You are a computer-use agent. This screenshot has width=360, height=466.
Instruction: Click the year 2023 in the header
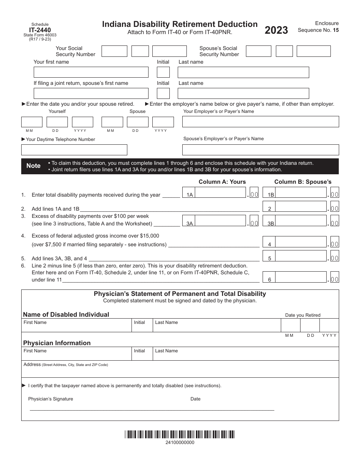276,30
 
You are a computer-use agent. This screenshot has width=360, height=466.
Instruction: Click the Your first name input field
91,72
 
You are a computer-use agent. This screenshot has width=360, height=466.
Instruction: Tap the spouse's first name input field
91,94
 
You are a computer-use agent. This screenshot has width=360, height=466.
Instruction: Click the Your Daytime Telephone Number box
74,150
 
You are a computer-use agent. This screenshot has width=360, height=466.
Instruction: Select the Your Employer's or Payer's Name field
260,122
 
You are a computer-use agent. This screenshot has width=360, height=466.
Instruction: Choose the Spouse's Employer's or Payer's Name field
260,150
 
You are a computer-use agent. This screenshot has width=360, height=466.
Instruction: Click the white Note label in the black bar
33,166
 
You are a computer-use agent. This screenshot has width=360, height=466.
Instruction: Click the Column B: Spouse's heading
303,182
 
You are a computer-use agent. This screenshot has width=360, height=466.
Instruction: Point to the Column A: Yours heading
222,182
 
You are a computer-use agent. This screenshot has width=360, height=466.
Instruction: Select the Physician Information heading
57,343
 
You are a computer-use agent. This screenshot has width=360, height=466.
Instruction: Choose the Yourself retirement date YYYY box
83,122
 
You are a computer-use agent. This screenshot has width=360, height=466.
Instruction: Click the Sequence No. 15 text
318,30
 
